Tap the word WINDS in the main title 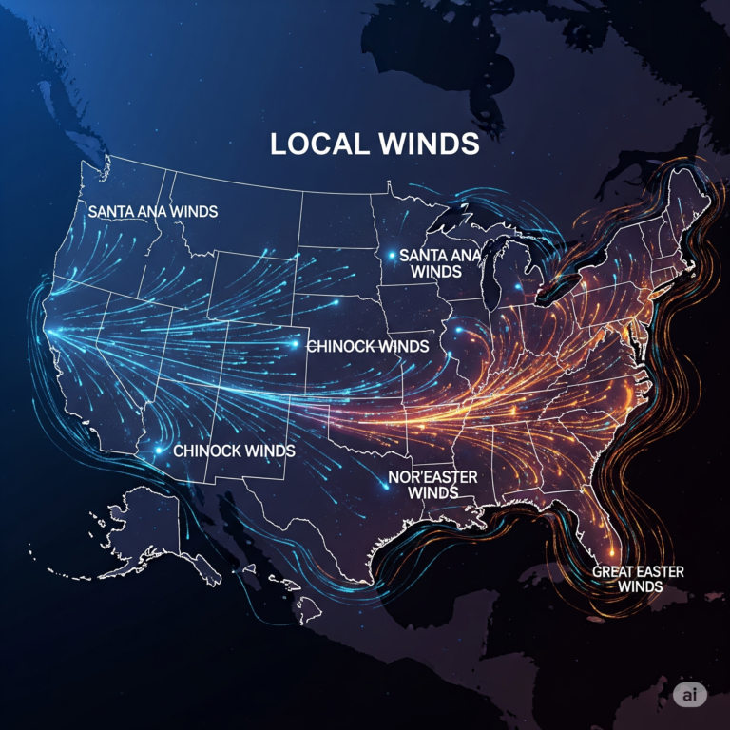click(428, 144)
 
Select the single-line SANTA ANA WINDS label click(152, 211)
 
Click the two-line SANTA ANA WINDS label click(439, 263)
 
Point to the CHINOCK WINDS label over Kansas click(367, 347)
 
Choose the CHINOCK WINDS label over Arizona click(233, 450)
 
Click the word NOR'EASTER click(433, 476)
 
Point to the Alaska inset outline click(143, 532)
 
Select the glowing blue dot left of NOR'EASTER click(385, 485)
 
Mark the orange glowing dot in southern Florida click(610, 553)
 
